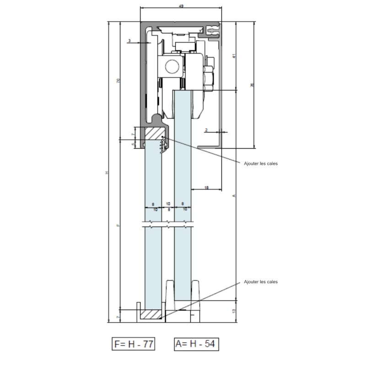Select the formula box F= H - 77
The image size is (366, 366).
[x=134, y=343]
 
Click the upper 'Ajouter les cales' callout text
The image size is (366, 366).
[x=261, y=163]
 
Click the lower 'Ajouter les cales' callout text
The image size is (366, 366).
[x=261, y=282]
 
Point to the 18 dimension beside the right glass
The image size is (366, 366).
[x=207, y=188]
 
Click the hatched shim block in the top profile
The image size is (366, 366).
[x=154, y=135]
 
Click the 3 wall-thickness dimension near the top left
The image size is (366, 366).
[x=130, y=41]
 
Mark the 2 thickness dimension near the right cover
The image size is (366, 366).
[x=207, y=130]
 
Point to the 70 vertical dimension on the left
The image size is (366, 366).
[x=118, y=80]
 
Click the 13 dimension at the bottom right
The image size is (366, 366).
[x=233, y=311]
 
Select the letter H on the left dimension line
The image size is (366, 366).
[x=107, y=172]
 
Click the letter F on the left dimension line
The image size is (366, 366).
[x=118, y=225]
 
